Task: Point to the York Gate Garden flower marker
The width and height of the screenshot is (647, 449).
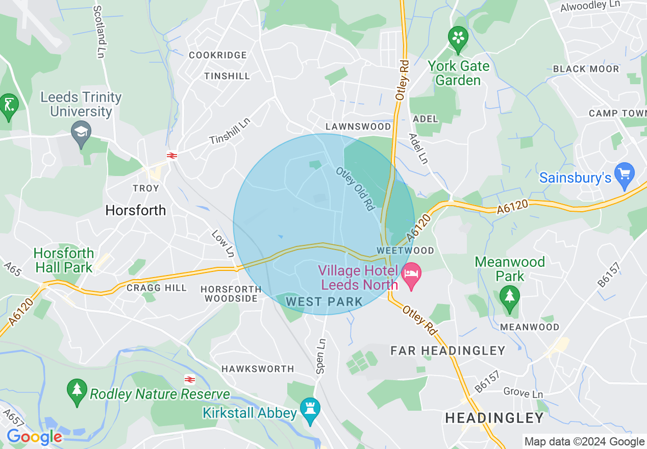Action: (458, 37)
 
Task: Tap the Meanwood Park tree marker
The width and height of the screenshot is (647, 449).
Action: (509, 295)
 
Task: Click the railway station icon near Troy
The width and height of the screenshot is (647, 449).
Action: (171, 155)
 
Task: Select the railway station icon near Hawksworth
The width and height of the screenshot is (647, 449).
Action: (190, 379)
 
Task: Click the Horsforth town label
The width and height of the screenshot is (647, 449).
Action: (136, 210)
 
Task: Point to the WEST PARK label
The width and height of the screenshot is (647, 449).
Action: (324, 302)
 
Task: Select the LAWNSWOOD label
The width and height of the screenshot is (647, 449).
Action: (359, 127)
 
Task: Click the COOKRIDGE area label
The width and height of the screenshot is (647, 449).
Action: (218, 55)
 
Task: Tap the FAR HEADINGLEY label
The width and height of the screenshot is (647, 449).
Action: (447, 351)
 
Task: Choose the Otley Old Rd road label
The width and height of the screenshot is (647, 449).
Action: (355, 189)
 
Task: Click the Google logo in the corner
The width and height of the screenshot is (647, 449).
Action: (34, 437)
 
